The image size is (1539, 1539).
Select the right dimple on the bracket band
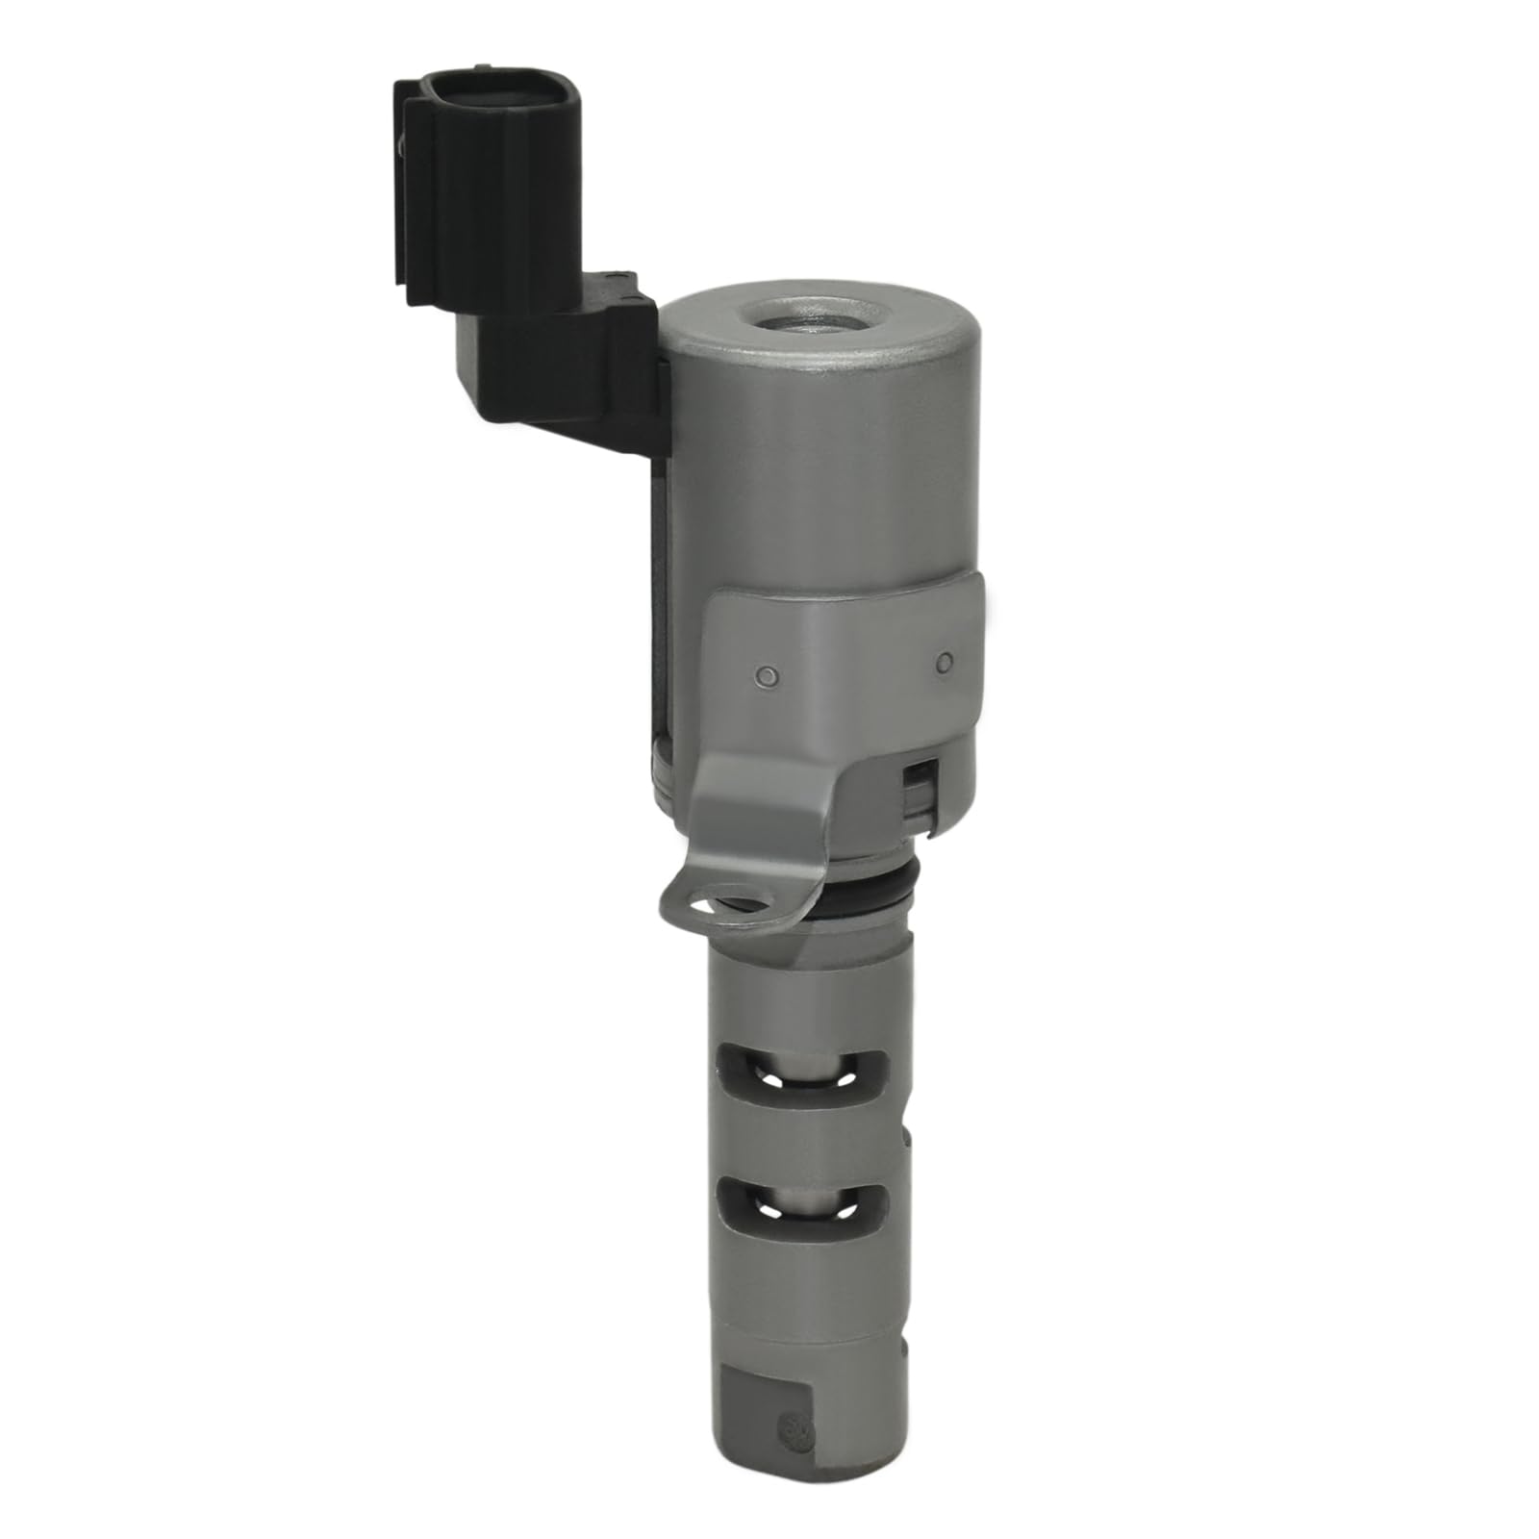point(945,661)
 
